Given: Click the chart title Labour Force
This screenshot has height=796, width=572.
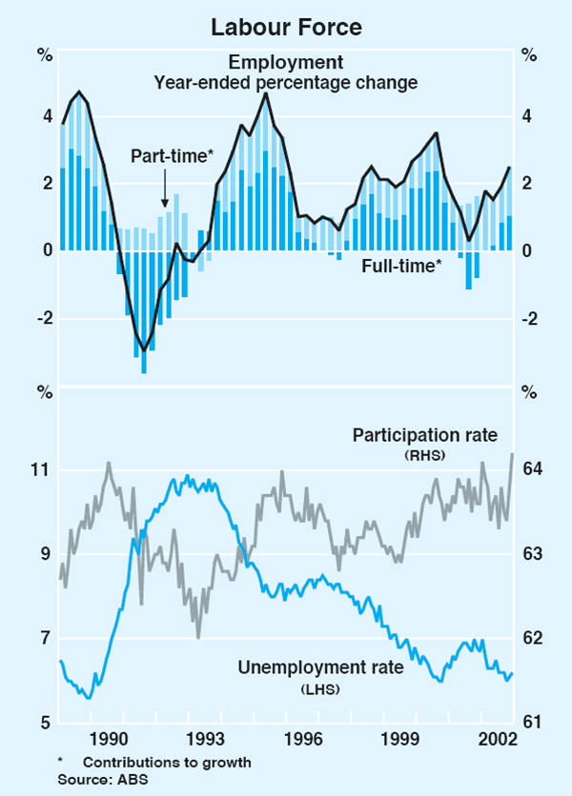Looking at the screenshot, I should pos(286,28).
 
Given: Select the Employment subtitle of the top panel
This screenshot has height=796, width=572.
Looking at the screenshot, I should pos(286,63).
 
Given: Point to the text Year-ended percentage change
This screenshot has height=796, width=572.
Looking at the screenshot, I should pos(286,82).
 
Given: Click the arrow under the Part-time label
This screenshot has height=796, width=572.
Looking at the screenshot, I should pos(165,189).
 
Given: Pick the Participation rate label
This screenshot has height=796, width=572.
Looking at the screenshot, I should pos(425,435).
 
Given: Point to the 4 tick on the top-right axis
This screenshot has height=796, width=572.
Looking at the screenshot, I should pos(527,117).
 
